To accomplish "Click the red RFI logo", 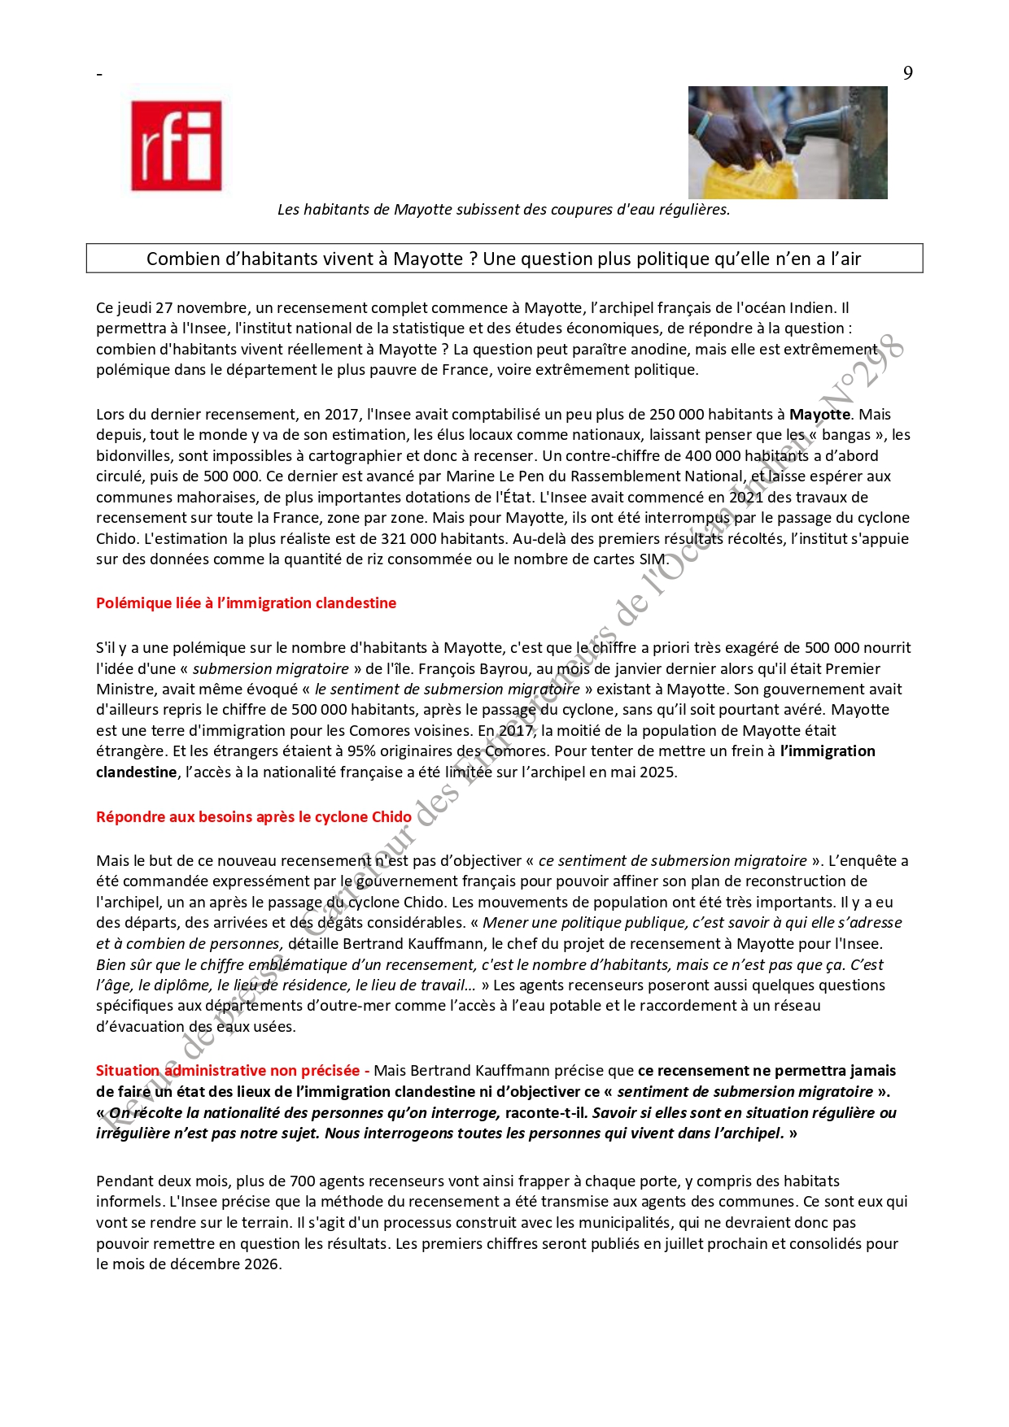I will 177,146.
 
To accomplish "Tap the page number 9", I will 907,73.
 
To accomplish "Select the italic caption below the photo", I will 504,210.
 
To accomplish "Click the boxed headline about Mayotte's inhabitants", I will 504,259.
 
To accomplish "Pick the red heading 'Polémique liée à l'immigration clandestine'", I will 246,603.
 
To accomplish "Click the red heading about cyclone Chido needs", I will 254,817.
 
